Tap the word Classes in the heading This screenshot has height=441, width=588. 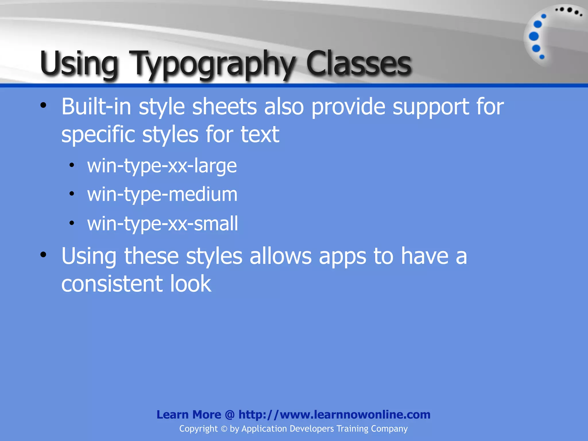(359, 64)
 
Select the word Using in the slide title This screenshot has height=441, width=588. (79, 64)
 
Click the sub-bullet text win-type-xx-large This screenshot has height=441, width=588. (162, 166)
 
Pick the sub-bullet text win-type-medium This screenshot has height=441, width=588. (162, 195)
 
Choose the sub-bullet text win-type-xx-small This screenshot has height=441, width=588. (163, 224)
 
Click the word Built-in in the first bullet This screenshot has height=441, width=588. (96, 107)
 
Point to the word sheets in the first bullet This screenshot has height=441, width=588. (224, 107)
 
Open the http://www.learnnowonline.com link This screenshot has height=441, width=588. (334, 415)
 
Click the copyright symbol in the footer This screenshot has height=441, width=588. (224, 429)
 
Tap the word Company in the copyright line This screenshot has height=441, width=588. (389, 429)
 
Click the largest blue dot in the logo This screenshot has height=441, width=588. (534, 36)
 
